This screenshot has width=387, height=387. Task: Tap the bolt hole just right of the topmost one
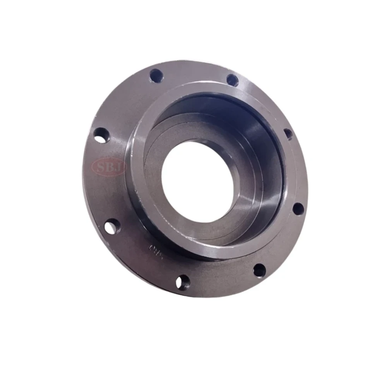point(232,80)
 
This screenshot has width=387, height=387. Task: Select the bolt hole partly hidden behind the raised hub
point(288,134)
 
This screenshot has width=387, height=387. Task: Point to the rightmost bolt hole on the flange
point(298,208)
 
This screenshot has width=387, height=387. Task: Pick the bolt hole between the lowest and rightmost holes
point(259,270)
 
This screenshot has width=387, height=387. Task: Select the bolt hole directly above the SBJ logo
point(101,135)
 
